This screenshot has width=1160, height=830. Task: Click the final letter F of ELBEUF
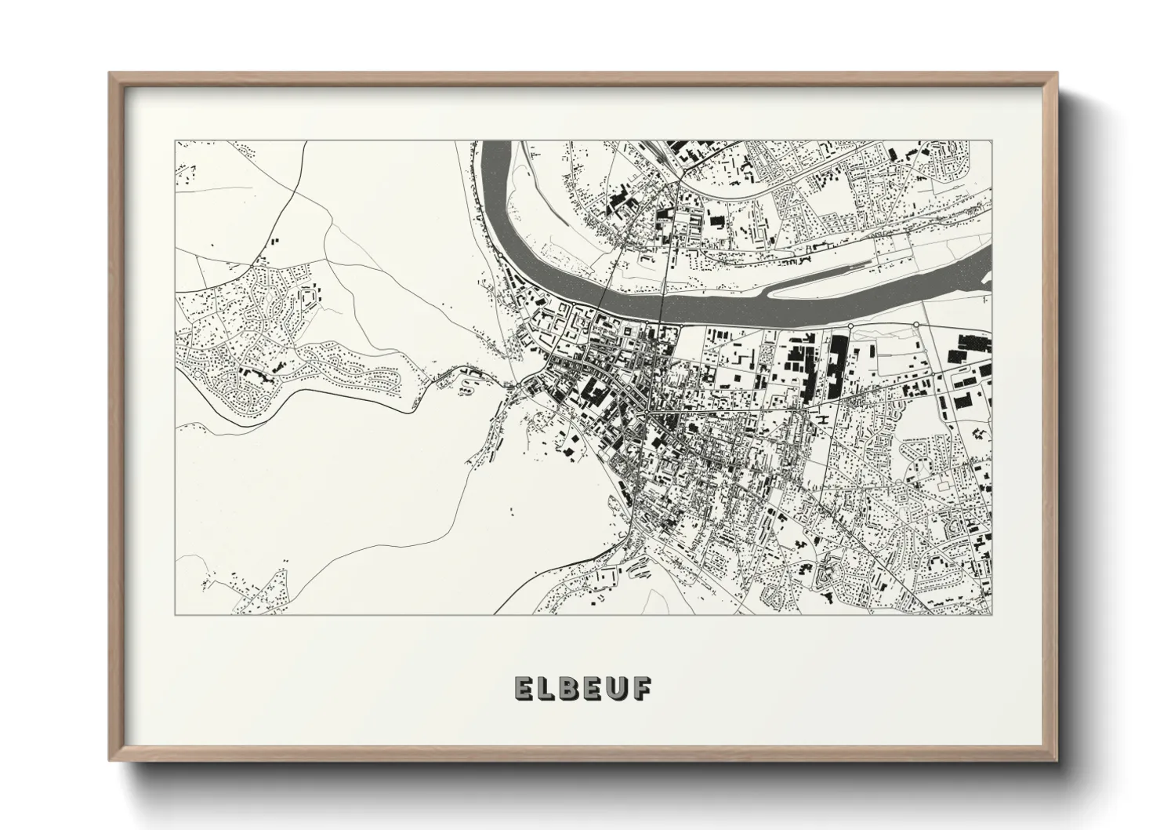640,688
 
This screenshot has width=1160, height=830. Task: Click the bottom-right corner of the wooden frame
1057,760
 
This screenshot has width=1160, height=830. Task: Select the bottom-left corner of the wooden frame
111,760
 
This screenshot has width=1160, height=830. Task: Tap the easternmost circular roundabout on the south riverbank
915,325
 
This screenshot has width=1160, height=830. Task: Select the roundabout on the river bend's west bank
497,256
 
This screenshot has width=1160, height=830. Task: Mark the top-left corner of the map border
176,141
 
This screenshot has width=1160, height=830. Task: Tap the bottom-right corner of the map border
991,614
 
